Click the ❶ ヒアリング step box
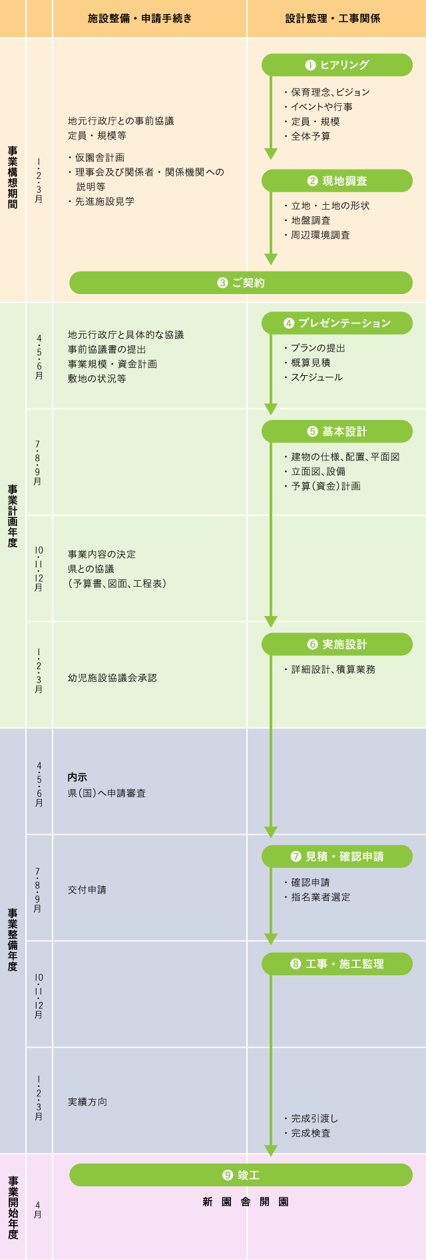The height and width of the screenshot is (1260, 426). (337, 65)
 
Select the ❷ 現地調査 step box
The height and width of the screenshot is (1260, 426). (337, 181)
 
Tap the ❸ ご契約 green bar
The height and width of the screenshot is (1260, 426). (241, 283)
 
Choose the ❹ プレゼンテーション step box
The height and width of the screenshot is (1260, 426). (337, 323)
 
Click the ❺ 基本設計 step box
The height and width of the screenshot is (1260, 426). (337, 432)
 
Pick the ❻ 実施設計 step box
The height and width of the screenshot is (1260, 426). (337, 645)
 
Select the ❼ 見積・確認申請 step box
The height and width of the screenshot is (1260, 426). (337, 857)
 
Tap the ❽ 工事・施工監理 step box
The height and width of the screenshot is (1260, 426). (337, 964)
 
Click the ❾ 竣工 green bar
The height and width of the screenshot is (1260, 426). (241, 1176)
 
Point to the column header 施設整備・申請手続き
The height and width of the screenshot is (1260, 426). (140, 19)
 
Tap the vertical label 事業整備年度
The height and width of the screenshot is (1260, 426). (13, 939)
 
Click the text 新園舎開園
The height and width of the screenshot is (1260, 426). (246, 1202)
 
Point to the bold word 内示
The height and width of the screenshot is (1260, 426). (77, 777)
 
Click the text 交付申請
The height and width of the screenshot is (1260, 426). (87, 889)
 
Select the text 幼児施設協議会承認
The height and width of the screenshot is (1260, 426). (112, 678)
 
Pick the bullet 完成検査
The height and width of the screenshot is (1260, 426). (311, 1133)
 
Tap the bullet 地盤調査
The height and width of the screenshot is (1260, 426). (311, 220)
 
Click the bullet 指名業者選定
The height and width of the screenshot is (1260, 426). (320, 897)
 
